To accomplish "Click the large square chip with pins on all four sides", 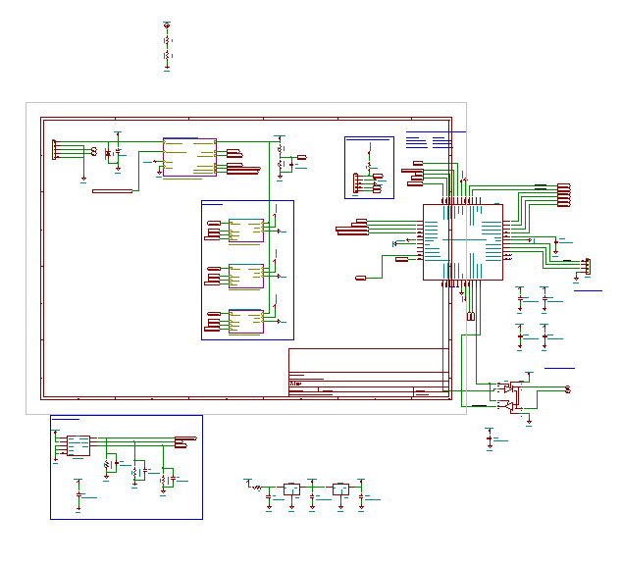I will (462, 241).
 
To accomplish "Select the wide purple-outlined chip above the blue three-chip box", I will (189, 158).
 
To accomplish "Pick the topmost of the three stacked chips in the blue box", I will (246, 231).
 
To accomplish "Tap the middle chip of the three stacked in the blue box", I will (246, 276).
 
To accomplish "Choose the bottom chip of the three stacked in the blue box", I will (246, 322).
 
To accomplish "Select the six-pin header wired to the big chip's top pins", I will (564, 195).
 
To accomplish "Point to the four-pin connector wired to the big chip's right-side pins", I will (587, 266).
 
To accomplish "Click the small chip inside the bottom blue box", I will (78, 446).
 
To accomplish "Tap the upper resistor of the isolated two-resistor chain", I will (167, 41).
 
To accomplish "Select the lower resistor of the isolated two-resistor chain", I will (167, 58).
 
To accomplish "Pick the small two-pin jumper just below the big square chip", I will (471, 316).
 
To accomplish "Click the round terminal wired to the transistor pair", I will (568, 389).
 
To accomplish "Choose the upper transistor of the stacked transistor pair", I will (506, 388).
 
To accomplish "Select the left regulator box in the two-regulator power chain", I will (292, 489).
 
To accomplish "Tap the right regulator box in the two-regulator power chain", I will (340, 489).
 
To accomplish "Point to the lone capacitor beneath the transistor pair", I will (490, 437).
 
